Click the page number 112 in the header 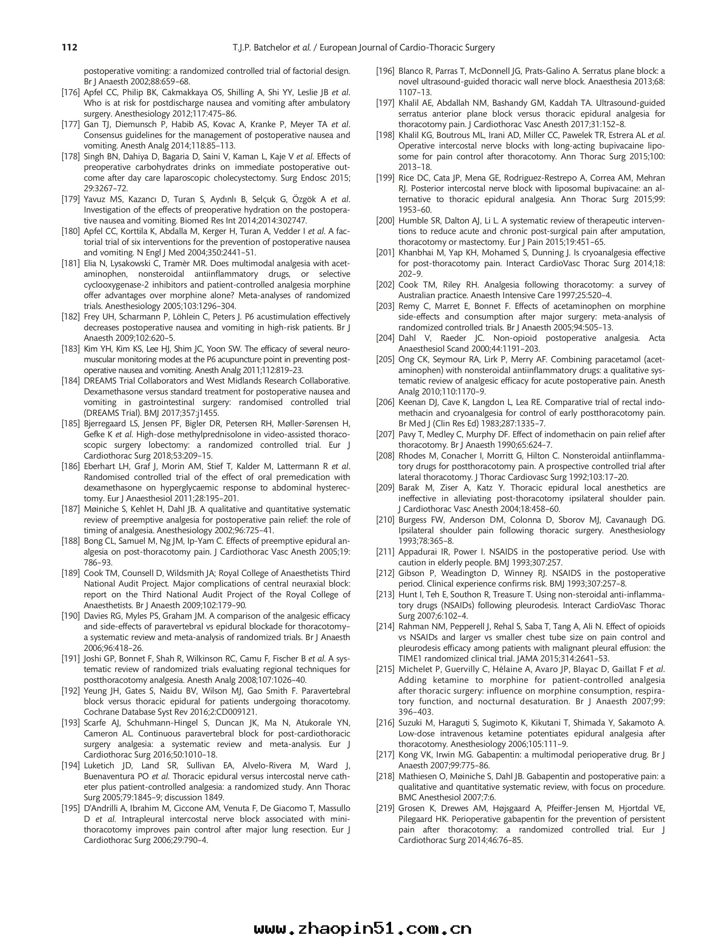pyautogui.click(x=69, y=47)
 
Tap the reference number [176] pyautogui.click(x=70, y=92)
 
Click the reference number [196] pyautogui.click(x=385, y=71)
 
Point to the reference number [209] pyautogui.click(x=385, y=488)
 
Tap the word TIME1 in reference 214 pyautogui.click(x=411, y=659)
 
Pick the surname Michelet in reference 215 pyautogui.click(x=414, y=669)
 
